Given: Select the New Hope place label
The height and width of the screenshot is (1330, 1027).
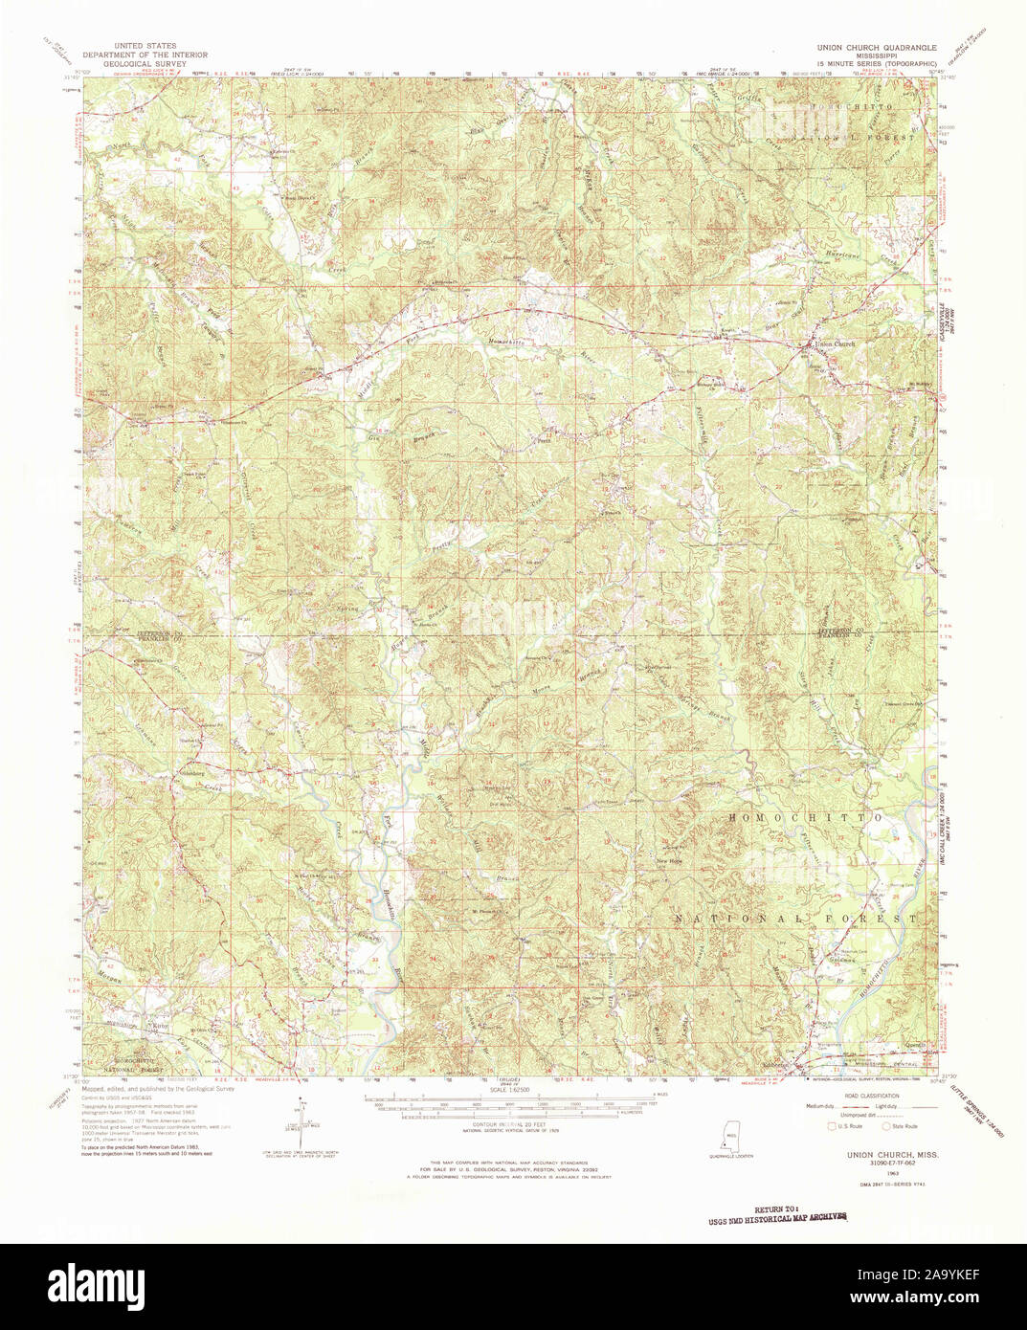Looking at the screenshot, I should tap(668, 861).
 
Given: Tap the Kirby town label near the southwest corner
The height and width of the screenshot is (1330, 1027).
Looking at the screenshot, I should tap(160, 1027).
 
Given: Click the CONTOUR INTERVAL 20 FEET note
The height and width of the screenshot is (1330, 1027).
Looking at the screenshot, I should tap(510, 1125).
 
